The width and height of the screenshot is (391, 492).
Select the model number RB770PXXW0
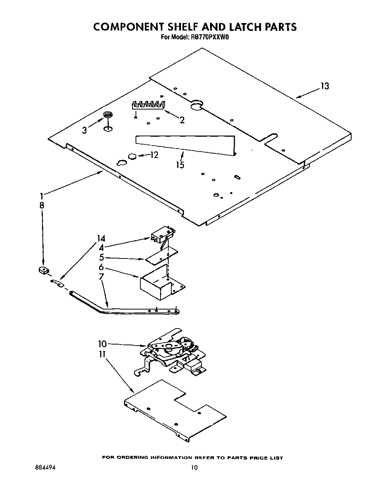[206, 37]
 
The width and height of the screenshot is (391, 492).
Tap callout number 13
[325, 86]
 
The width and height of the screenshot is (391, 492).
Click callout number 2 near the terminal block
[182, 120]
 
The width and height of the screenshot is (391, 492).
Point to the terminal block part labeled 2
[148, 105]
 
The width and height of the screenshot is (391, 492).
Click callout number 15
[180, 165]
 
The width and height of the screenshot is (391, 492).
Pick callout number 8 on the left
[42, 205]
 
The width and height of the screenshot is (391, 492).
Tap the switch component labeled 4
[162, 235]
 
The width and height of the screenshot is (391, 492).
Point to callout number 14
[101, 238]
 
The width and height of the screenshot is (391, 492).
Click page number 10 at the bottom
[194, 468]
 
